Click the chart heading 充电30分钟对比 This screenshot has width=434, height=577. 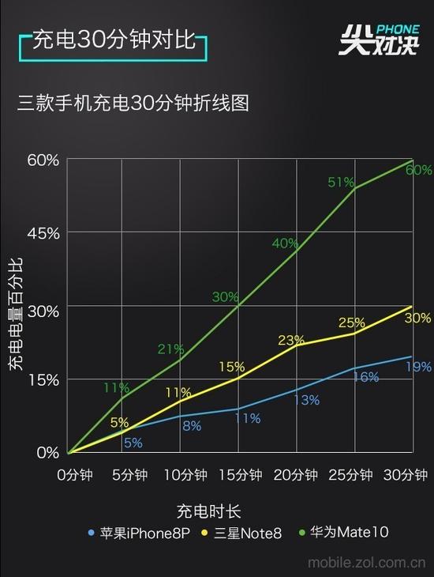pyautogui.click(x=113, y=41)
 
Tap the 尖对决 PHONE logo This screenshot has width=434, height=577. pyautogui.click(x=380, y=38)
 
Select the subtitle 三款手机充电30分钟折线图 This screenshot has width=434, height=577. pyautogui.click(x=133, y=104)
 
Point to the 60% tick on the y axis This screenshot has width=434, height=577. pyautogui.click(x=43, y=160)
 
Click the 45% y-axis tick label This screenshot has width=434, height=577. pyautogui.click(x=43, y=233)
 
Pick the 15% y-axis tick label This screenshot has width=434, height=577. pyautogui.click(x=43, y=380)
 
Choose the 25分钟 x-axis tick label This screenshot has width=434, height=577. pyautogui.click(x=350, y=475)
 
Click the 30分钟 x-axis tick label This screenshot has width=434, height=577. pyautogui.click(x=405, y=475)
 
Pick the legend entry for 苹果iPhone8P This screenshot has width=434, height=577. pyautogui.click(x=139, y=533)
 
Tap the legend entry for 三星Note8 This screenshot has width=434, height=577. pyautogui.click(x=242, y=533)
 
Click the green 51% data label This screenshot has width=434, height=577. pyautogui.click(x=340, y=183)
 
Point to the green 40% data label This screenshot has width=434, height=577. pyautogui.click(x=285, y=243)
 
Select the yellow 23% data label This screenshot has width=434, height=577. pyautogui.click(x=291, y=340)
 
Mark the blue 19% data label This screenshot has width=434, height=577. pyautogui.click(x=418, y=367)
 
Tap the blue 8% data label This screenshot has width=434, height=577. pyautogui.click(x=192, y=425)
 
